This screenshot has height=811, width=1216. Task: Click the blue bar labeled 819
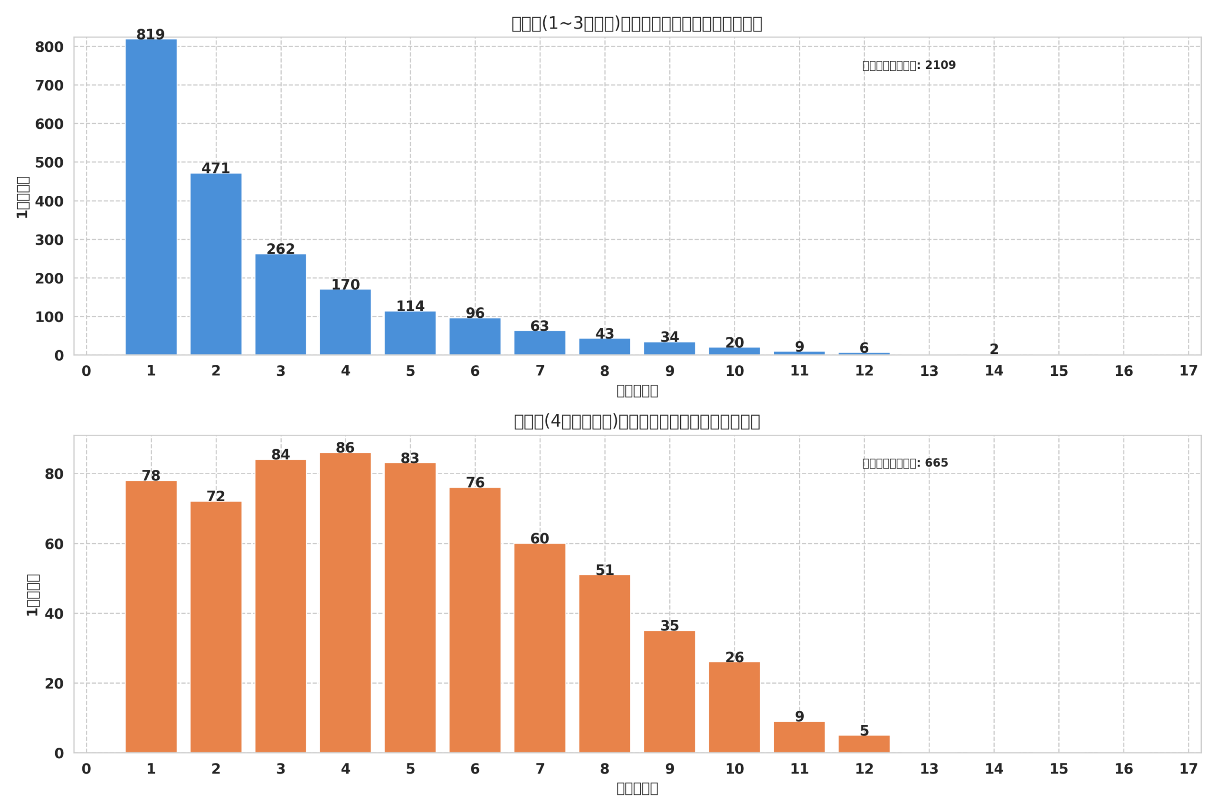pos(151,197)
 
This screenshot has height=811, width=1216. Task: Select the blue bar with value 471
pos(216,264)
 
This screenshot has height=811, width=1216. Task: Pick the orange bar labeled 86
pos(345,602)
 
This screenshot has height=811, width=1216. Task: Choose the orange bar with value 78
pos(151,617)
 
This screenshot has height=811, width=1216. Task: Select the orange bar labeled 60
pos(539,648)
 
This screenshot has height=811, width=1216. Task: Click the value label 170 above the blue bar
pos(345,285)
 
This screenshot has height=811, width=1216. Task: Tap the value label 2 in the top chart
pos(994,349)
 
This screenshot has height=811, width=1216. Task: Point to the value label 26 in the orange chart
pos(734,658)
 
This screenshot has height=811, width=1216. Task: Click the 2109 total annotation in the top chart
pos(909,65)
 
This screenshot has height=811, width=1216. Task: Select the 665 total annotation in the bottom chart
pos(905,463)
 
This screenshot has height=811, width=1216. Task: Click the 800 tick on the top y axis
pos(49,47)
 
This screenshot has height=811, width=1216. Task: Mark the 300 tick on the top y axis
pos(49,240)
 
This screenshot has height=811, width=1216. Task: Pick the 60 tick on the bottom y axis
pos(54,544)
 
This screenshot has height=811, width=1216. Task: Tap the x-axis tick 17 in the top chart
pos(1188,371)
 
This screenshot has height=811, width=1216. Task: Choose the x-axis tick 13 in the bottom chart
pos(929,769)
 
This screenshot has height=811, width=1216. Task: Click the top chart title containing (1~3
pos(636,24)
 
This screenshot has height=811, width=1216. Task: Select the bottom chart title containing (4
pos(636,421)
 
